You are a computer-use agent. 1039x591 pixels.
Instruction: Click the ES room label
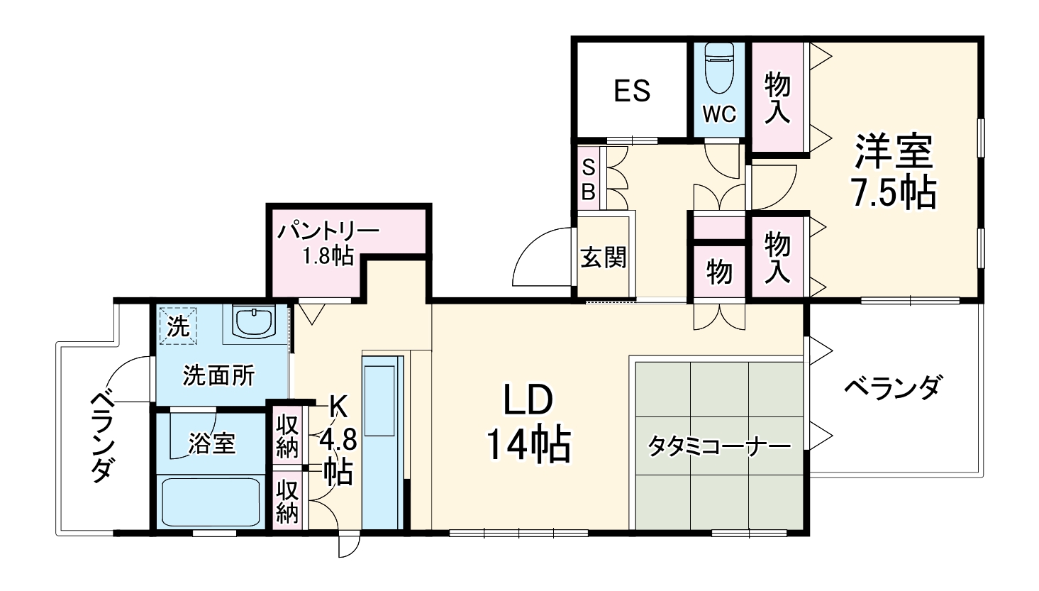click(x=632, y=91)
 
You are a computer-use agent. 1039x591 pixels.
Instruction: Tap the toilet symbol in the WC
click(x=720, y=69)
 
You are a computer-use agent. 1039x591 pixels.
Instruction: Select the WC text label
click(x=720, y=114)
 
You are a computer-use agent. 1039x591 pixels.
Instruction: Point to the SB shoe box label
click(x=589, y=179)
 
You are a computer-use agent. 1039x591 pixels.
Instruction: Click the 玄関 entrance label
click(x=604, y=258)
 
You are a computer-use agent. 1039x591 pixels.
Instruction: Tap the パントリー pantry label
click(x=328, y=231)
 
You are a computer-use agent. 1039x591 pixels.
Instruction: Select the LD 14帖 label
click(x=528, y=424)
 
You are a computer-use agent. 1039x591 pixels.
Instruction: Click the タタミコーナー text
click(x=719, y=446)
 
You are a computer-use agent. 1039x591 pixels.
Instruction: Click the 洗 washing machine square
click(x=178, y=326)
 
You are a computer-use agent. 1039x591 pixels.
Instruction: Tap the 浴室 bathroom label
click(x=212, y=444)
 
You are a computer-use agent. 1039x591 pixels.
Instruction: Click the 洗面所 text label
click(x=218, y=375)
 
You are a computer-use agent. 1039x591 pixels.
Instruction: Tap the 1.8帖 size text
click(x=328, y=256)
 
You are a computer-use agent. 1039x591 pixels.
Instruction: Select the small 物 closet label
click(x=719, y=271)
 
